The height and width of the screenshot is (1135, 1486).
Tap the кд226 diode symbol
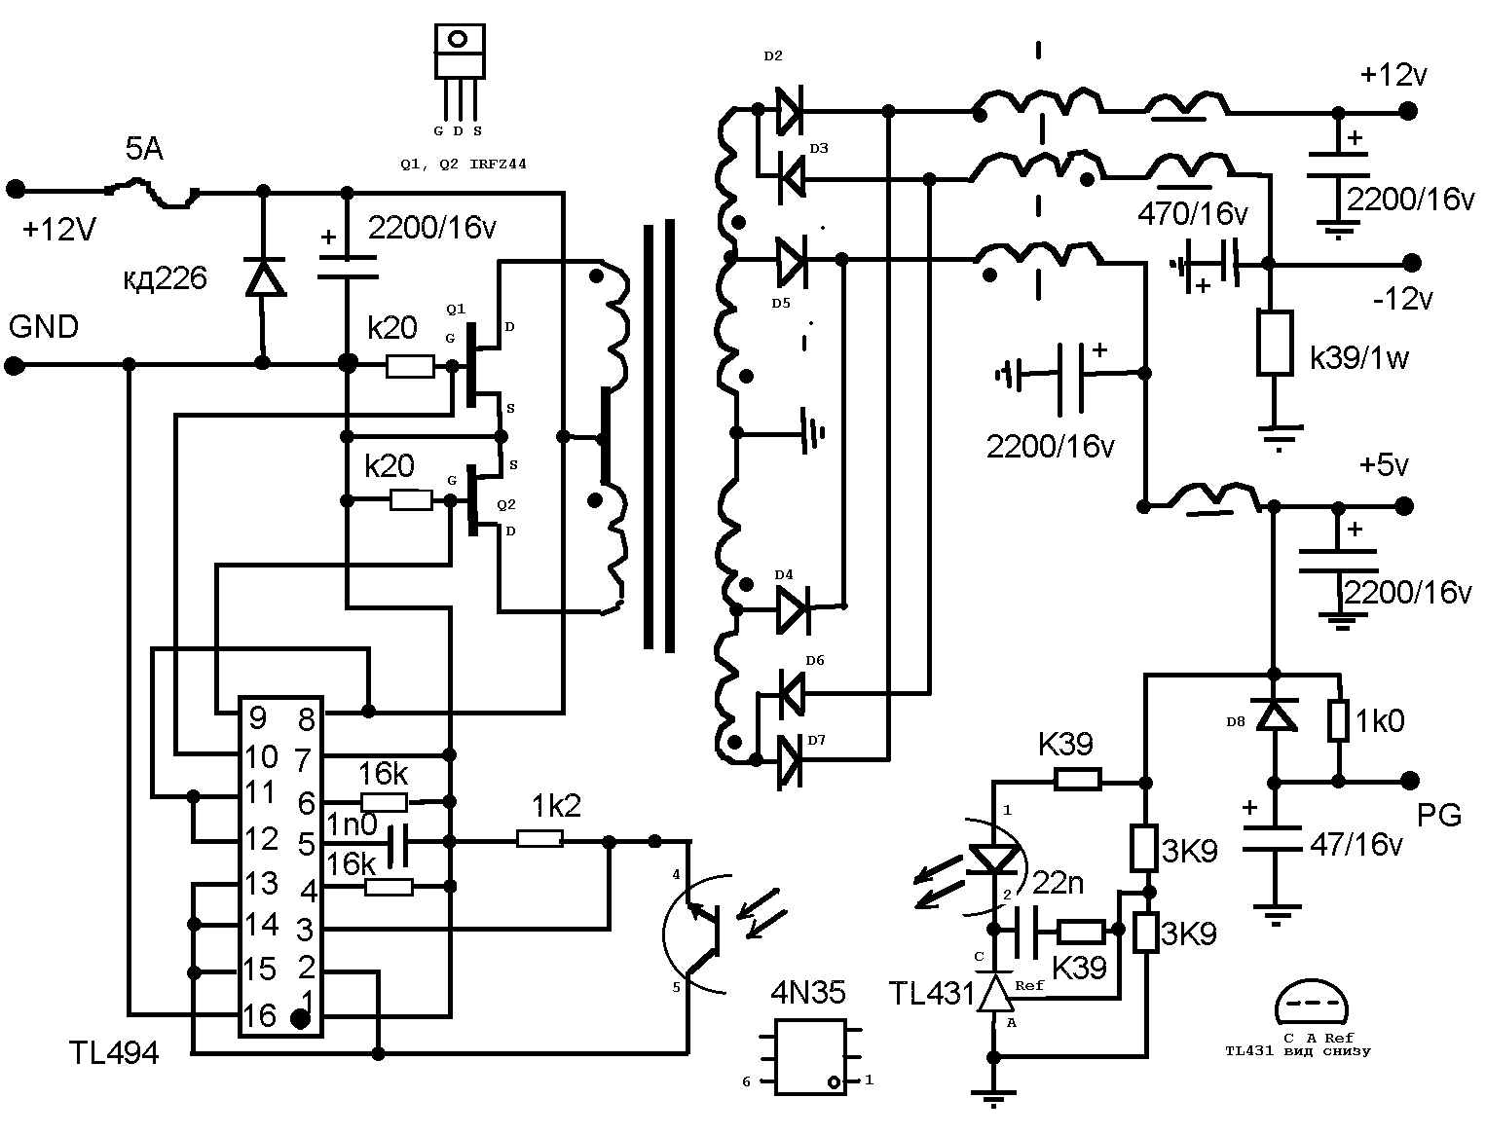pos(263,279)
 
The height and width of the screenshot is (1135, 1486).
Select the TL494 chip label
pos(114,1052)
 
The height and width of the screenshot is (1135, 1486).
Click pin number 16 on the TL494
pos(259,1016)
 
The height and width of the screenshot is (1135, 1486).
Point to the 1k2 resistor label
pos(557,805)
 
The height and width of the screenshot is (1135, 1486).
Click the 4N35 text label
pos(808,993)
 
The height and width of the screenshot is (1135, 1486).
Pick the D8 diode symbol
pos(1274,716)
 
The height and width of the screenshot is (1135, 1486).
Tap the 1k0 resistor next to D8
pos(1339,721)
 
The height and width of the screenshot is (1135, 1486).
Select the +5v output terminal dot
pos(1403,505)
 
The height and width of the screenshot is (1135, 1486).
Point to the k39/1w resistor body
pos(1274,343)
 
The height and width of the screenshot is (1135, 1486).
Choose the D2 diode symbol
pos(789,110)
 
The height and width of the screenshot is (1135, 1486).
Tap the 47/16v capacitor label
pos(1356,844)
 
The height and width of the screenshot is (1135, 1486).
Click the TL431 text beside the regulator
pos(931,993)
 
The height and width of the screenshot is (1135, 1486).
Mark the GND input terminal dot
pos(15,366)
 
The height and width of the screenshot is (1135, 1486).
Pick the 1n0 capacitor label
pos(351,824)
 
